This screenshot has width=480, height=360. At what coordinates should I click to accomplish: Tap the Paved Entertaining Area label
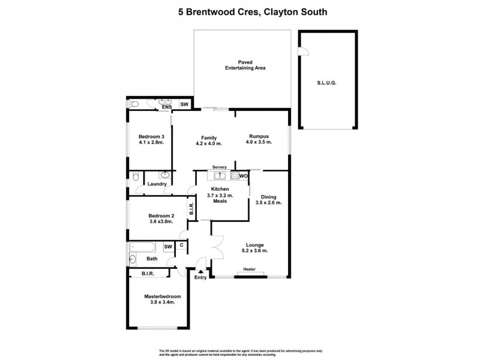pyautogui.click(x=241, y=65)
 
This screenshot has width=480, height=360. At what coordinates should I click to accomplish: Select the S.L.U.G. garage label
pyautogui.click(x=327, y=83)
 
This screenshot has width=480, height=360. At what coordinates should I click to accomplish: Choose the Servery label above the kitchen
pyautogui.click(x=219, y=168)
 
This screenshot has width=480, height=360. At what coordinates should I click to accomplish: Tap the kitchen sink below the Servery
pyautogui.click(x=220, y=176)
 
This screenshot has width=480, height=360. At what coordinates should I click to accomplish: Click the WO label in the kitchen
pyautogui.click(x=244, y=176)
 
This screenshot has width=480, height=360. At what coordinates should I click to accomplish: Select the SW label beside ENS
pyautogui.click(x=185, y=105)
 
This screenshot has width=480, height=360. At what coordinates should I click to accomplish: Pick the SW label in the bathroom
pyautogui.click(x=168, y=247)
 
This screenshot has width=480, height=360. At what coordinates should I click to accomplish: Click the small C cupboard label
pyautogui.click(x=181, y=245)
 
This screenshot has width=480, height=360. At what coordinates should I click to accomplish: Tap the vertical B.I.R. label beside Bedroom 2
pyautogui.click(x=191, y=209)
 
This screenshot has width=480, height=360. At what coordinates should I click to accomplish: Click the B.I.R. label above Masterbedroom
pyautogui.click(x=148, y=274)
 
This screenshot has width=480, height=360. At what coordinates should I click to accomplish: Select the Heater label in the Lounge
pyautogui.click(x=250, y=269)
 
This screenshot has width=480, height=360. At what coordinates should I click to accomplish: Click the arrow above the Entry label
pyautogui.click(x=200, y=271)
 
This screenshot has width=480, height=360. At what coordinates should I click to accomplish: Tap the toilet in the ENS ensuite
pyautogui.click(x=134, y=104)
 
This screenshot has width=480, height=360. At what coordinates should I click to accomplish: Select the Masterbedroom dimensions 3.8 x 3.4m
pyautogui.click(x=162, y=302)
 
